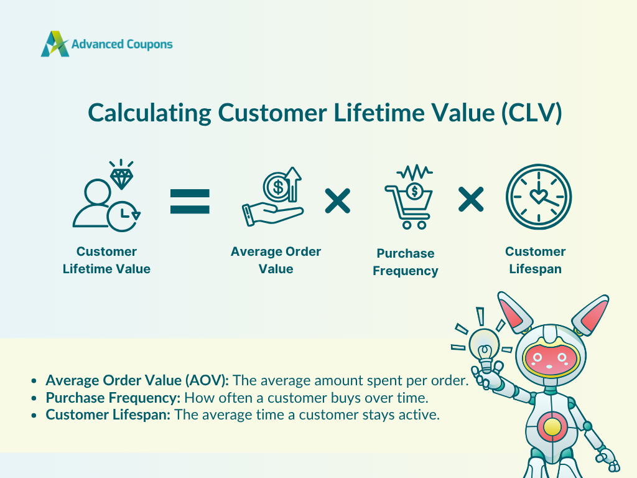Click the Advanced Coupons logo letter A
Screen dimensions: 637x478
[55, 44]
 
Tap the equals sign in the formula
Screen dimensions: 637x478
[190, 201]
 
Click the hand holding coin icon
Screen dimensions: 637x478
[272, 197]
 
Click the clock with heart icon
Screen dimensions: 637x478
[539, 197]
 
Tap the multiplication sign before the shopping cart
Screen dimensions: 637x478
[338, 201]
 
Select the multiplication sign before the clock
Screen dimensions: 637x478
[471, 199]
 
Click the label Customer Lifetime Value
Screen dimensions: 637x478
[106, 260]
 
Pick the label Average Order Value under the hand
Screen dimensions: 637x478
[276, 260]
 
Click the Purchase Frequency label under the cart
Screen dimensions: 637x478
[406, 262]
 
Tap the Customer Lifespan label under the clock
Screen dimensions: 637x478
[536, 260]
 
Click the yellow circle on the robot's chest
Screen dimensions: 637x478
[552, 427]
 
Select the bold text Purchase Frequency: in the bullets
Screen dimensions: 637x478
[113, 398]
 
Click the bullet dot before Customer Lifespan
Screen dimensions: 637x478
[34, 415]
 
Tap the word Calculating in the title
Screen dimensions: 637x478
[149, 113]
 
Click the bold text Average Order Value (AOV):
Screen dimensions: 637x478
[137, 380]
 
